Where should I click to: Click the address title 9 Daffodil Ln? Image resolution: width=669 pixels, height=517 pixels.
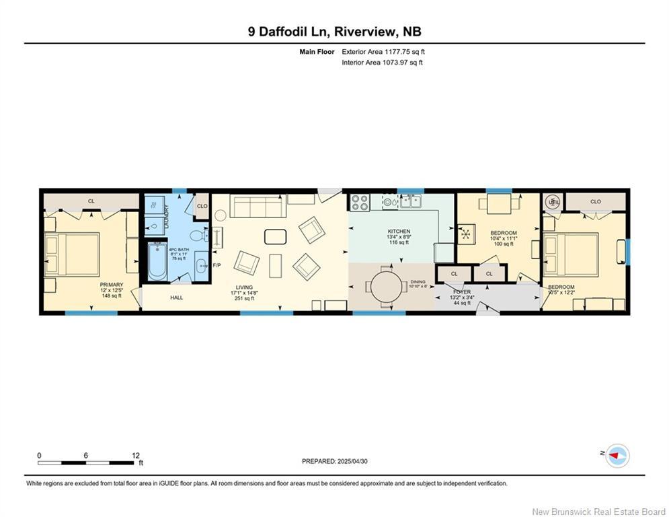pos(334,32)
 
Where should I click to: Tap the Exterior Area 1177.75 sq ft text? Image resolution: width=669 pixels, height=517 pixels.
pos(383,51)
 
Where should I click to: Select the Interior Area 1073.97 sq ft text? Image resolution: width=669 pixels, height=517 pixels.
pos(382,63)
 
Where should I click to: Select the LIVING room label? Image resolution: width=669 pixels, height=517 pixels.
pos(244,287)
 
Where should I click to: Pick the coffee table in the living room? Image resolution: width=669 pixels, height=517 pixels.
pos(275,236)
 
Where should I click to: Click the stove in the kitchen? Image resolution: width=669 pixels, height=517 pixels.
pos(358,201)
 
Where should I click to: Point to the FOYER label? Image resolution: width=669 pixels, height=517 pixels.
pos(462,291)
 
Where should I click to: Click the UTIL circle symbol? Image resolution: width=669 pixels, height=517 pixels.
pos(553,201)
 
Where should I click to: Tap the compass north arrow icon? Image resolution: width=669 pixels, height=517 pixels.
pos(616,456)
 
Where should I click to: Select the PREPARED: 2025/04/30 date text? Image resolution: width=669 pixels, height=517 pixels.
pos(334,461)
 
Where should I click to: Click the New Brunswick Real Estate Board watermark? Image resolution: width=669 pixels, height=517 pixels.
pos(598,512)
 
